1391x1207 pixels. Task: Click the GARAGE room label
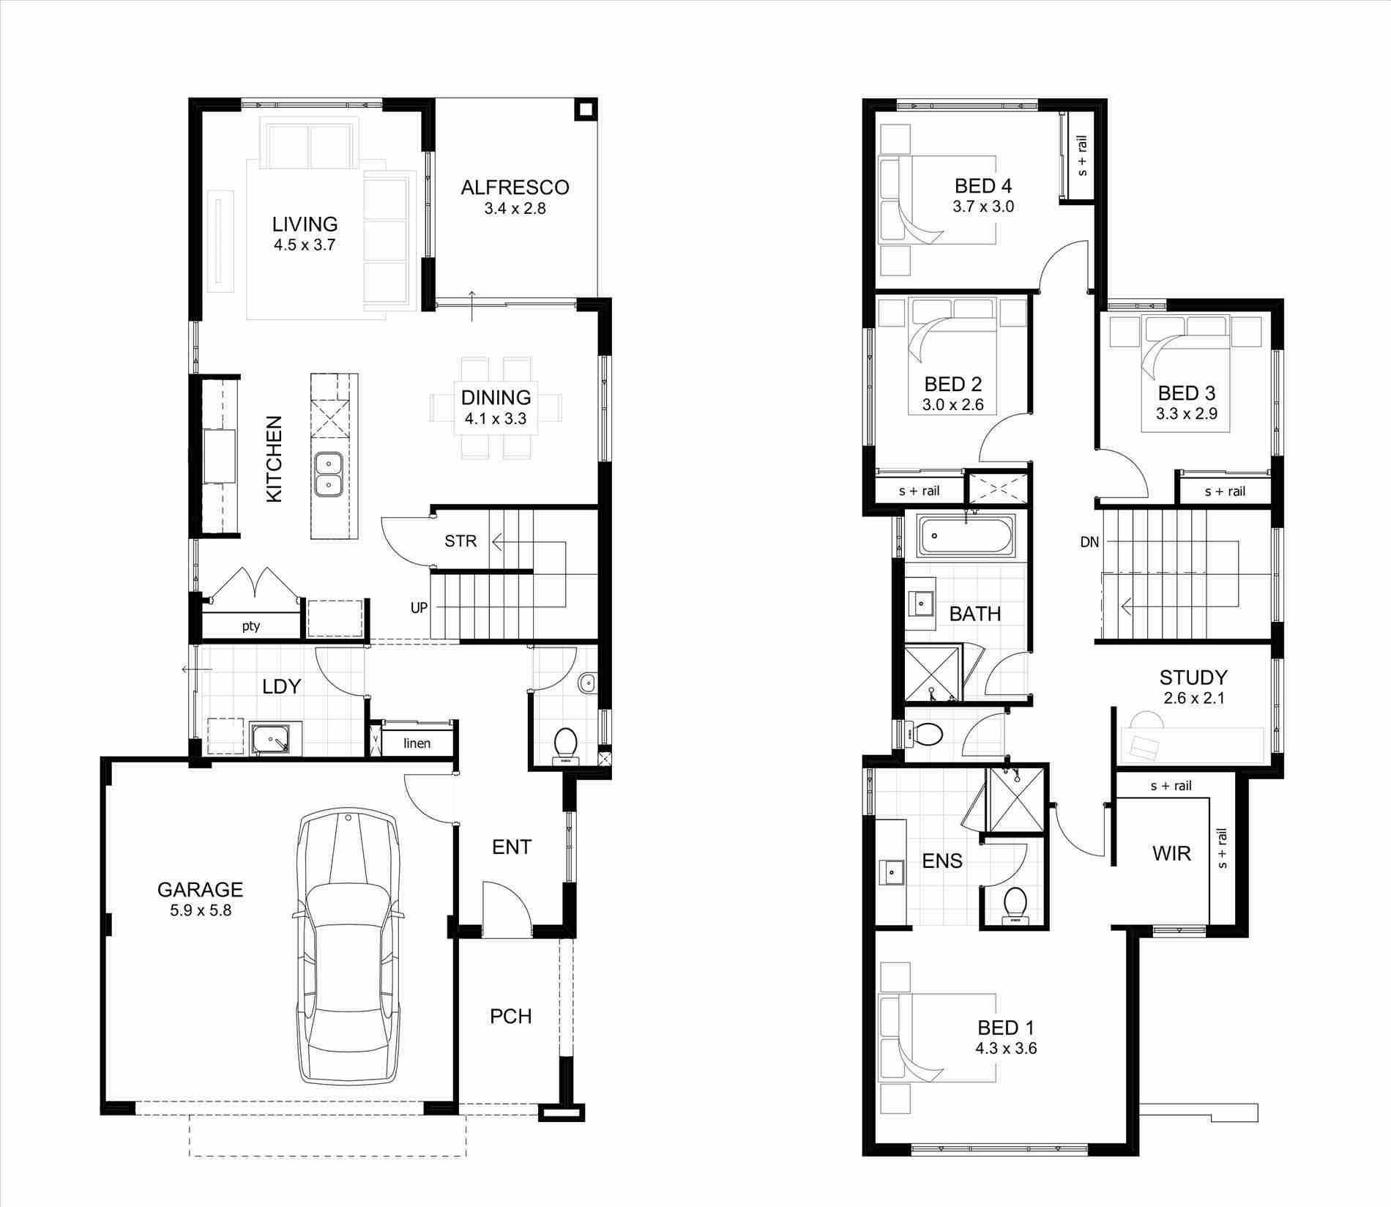coord(200,889)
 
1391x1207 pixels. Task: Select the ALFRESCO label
coord(515,187)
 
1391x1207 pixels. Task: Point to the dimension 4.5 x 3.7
coord(305,245)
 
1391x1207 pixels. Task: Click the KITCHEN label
coord(274,458)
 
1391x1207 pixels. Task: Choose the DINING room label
coord(496,398)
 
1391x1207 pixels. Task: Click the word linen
coord(417,743)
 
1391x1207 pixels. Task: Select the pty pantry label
coord(251,626)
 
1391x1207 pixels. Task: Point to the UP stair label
coord(419,608)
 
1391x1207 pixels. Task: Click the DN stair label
coord(1089,542)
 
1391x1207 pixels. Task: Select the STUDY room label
coord(1193,677)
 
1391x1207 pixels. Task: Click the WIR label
coord(1171,853)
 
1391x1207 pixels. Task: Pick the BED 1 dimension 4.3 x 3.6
coord(1005,1048)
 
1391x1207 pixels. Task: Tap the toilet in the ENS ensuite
coord(1015,903)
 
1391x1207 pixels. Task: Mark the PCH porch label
coord(510,1017)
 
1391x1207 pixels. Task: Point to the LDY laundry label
coord(282,686)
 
